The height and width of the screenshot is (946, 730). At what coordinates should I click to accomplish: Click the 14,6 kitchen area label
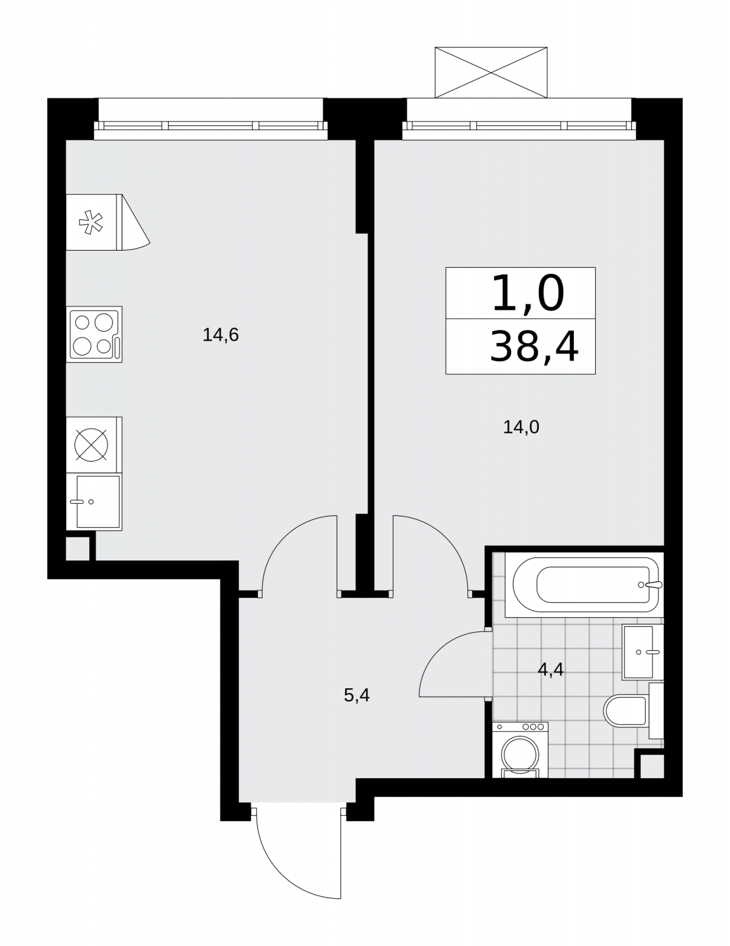(x=221, y=336)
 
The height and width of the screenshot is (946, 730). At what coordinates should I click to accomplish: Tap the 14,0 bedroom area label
(x=521, y=427)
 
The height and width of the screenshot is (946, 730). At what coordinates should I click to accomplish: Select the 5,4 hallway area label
(x=357, y=695)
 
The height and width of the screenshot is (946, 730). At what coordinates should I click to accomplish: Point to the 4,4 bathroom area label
(x=551, y=669)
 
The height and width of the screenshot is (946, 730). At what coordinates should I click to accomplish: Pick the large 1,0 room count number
(x=528, y=294)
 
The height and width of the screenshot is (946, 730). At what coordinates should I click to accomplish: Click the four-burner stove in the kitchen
(x=94, y=334)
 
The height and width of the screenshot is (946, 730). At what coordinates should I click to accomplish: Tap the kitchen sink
(x=94, y=502)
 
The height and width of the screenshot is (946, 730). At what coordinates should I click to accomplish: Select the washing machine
(x=520, y=750)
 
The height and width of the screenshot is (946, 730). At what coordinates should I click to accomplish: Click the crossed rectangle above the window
(x=491, y=72)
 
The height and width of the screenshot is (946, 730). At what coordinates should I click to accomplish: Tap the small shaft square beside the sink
(x=77, y=548)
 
